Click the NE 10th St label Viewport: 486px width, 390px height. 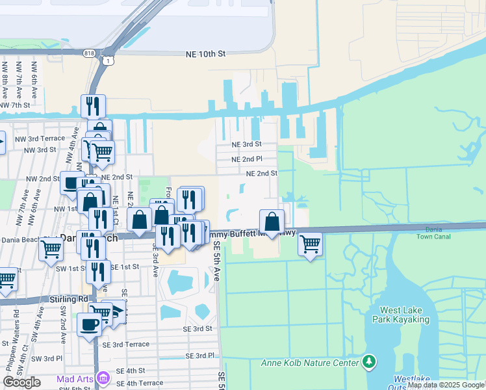point(205,55)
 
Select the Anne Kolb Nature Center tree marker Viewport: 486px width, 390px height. point(369,361)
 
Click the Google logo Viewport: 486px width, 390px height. point(22,382)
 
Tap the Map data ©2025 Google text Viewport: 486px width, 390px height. point(446,385)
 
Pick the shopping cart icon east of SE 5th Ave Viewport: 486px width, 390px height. point(311,244)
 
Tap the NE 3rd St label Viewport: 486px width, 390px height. point(246,144)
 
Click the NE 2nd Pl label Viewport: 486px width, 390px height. point(246,159)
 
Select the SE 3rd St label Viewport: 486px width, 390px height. point(198,329)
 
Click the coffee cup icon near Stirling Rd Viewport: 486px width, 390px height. point(89,323)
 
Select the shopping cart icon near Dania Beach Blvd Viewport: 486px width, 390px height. point(51,248)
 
